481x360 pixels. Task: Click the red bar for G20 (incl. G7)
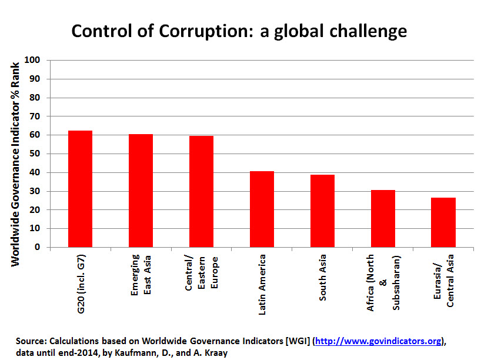tap(80, 189)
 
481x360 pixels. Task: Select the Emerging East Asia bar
tap(141, 191)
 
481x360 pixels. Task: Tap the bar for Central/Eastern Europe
tap(201, 191)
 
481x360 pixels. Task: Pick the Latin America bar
tap(262, 209)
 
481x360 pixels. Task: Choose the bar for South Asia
tap(322, 211)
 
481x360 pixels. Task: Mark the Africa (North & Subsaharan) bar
tap(383, 218)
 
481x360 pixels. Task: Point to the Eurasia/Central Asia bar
tap(443, 222)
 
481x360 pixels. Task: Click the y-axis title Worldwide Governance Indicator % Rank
tap(15, 162)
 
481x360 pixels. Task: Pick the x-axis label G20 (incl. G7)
tap(81, 282)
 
